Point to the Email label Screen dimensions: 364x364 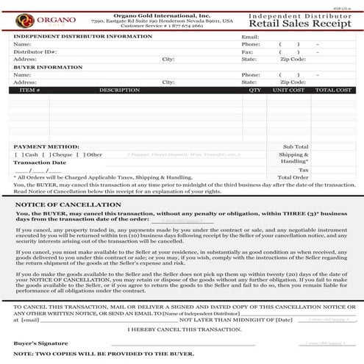250,36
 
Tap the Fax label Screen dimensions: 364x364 247,52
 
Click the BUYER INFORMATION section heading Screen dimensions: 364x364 48,67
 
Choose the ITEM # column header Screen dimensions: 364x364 29,90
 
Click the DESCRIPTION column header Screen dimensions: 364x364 119,90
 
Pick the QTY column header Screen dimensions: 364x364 255,90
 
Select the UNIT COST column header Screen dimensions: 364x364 288,90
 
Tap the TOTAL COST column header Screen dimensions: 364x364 333,90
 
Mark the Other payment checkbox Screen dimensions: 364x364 79,155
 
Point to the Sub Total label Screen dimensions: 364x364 296,147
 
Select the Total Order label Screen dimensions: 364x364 294,177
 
